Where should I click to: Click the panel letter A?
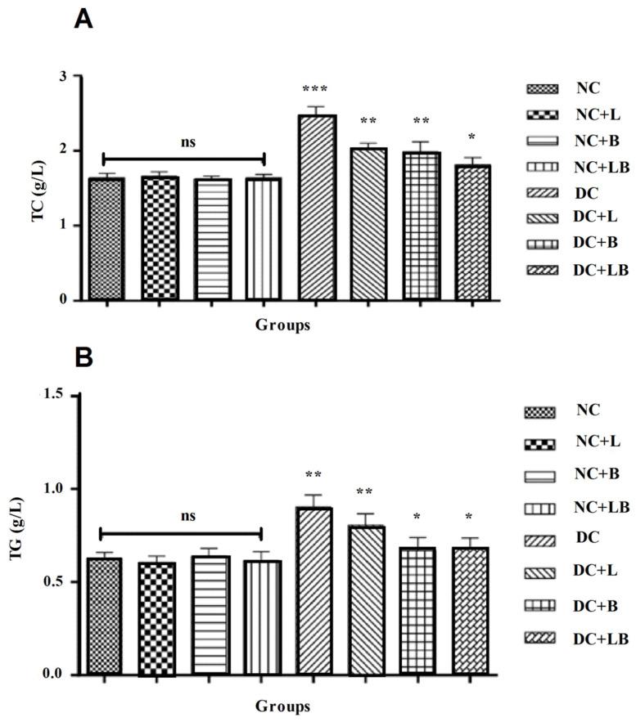(83, 19)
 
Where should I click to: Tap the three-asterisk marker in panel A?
(316, 89)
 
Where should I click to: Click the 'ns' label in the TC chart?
(186, 141)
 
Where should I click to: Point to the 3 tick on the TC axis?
(62, 76)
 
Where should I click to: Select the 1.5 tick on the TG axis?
(57, 396)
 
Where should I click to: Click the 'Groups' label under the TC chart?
(282, 325)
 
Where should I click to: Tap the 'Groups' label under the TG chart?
(282, 705)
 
